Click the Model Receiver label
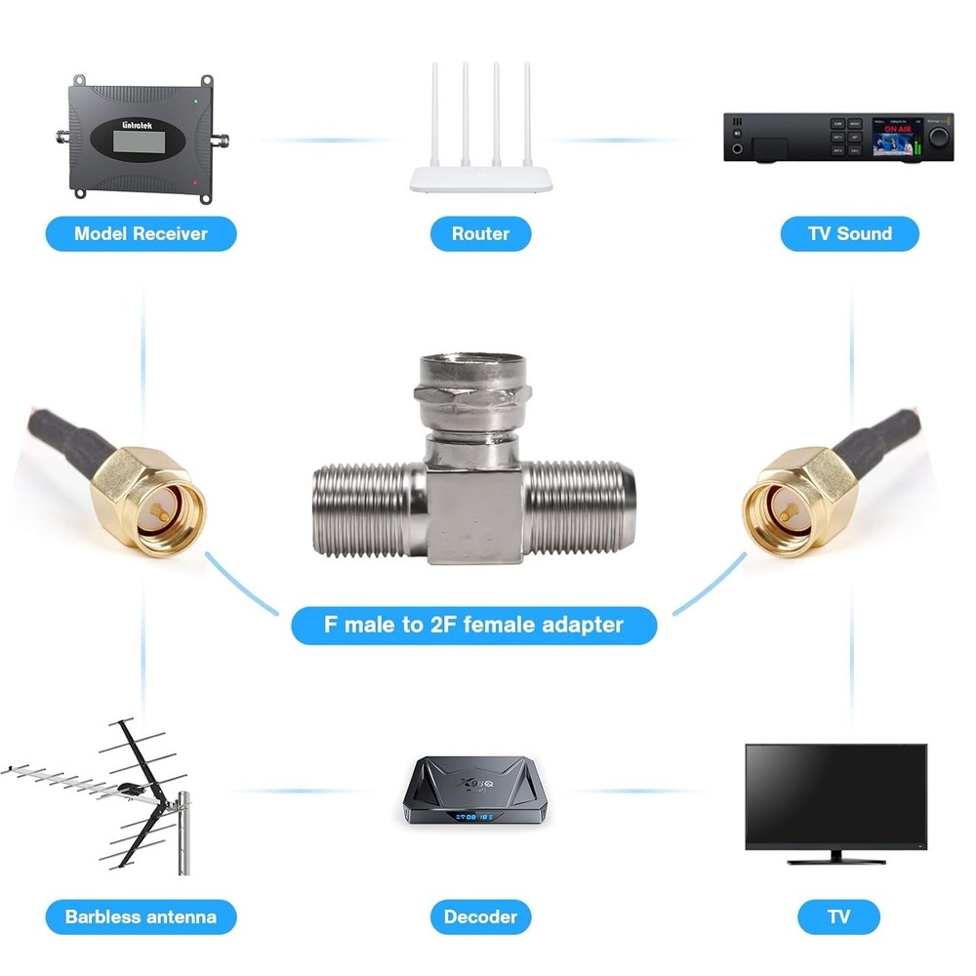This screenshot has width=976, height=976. click(x=142, y=234)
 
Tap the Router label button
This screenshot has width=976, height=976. click(x=481, y=234)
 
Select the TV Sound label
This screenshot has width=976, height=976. click(x=849, y=234)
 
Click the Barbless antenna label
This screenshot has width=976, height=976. click(x=141, y=917)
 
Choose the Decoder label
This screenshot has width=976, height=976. click(x=480, y=917)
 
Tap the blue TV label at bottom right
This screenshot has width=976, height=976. click(x=838, y=917)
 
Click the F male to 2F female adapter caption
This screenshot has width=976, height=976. click(x=473, y=624)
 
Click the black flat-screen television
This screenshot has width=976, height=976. click(x=835, y=795)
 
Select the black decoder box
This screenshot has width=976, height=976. click(x=480, y=791)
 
